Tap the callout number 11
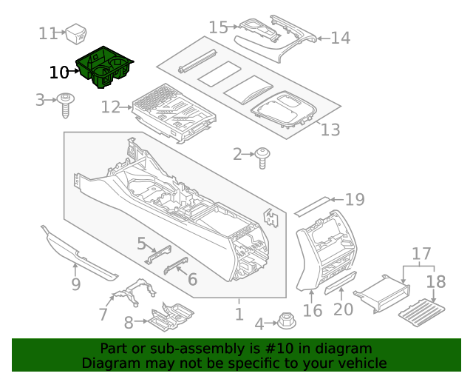48,33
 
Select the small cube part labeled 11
77,33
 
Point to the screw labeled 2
262,156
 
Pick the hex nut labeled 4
285,322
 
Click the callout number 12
109,107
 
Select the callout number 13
330,130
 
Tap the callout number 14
340,38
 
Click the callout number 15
218,27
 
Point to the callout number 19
355,198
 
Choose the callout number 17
421,254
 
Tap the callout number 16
313,309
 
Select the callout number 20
343,309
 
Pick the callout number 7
103,314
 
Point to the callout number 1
239,314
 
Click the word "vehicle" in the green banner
362,363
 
